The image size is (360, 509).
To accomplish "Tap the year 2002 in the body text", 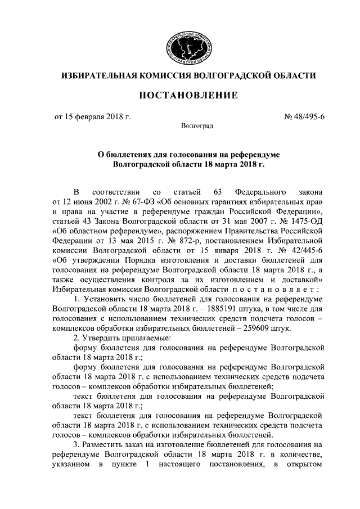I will click(x=96, y=201).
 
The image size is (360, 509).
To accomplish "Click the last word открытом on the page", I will click(x=301, y=465).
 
